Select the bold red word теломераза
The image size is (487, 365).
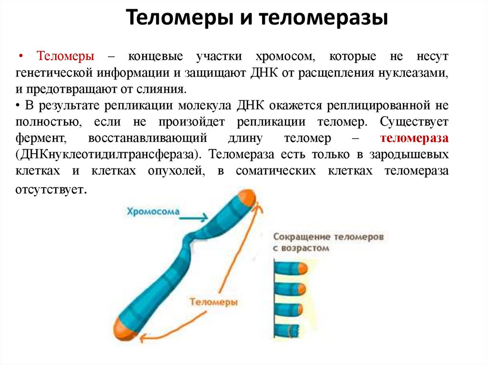pyautogui.click(x=414, y=138)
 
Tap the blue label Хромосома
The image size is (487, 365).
pyautogui.click(x=153, y=211)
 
